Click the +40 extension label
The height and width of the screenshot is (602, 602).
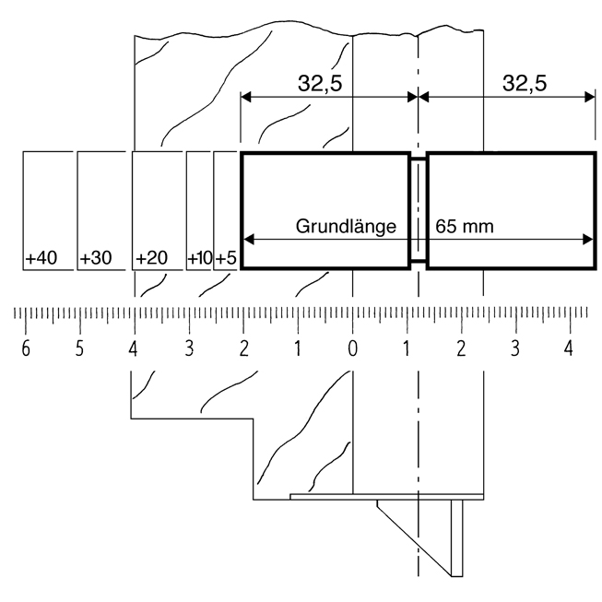(41, 258)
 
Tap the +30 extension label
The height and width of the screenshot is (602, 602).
(96, 258)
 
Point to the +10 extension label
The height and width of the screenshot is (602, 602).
(199, 258)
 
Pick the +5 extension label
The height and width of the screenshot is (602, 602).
(226, 258)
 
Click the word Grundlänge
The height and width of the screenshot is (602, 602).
(346, 225)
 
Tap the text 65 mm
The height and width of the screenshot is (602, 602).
(466, 225)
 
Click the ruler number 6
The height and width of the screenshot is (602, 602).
(25, 349)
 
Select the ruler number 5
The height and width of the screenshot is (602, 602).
(79, 349)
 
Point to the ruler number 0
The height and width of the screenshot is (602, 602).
(352, 349)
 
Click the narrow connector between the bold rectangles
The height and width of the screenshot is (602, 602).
(419, 210)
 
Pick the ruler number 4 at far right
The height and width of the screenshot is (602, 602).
(570, 349)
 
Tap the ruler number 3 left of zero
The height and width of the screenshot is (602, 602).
(188, 349)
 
